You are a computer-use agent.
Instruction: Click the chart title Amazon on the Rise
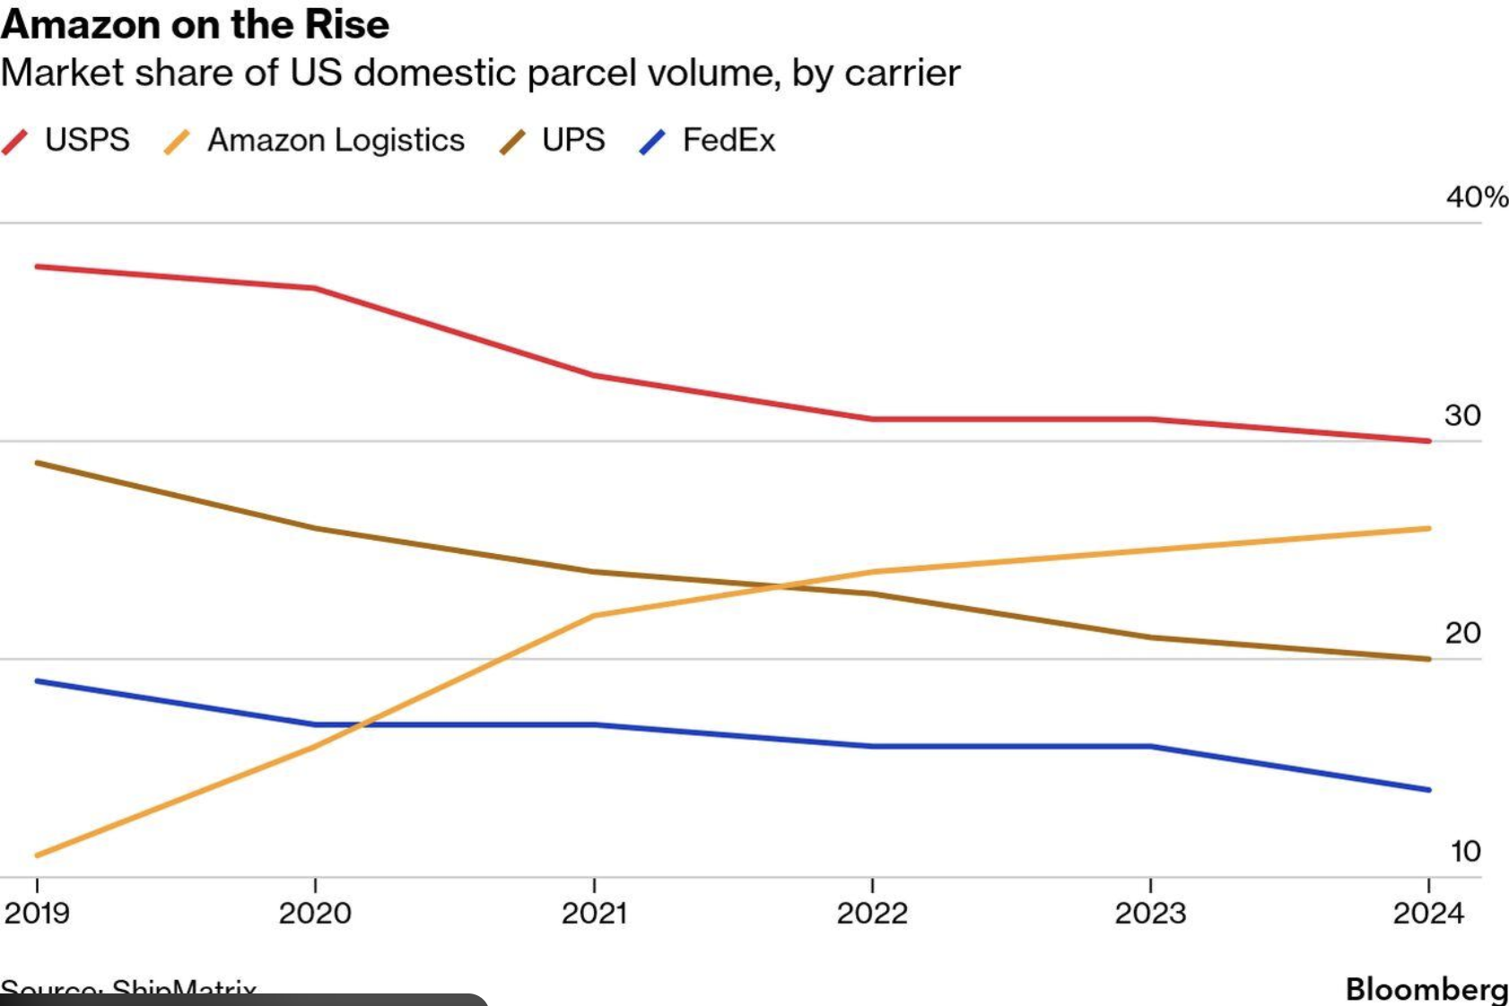pos(195,24)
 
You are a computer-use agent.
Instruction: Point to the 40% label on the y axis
pos(1476,196)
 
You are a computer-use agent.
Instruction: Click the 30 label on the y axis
pos(1462,415)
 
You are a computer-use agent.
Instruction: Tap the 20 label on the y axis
pos(1462,633)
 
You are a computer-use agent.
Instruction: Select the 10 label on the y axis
pos(1465,851)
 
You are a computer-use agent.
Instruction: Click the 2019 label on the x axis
pos(37,913)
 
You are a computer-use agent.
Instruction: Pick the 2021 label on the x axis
pos(594,913)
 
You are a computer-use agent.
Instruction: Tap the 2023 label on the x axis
pos(1150,913)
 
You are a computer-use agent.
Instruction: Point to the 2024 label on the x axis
pos(1428,913)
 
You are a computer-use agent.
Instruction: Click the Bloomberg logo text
pos(1426,989)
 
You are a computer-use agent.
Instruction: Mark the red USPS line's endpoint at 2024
pos(1428,441)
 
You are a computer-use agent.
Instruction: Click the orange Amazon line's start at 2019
pos(38,855)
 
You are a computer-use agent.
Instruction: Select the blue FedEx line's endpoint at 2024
pos(1428,790)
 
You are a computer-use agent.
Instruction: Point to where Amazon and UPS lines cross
pos(782,587)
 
